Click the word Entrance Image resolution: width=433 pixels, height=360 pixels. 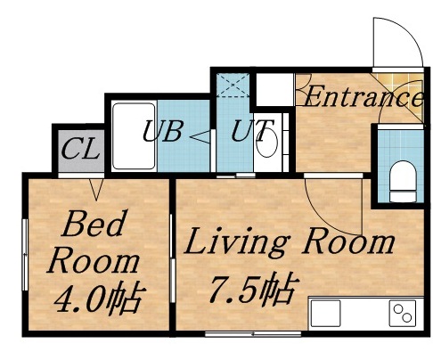point(360,96)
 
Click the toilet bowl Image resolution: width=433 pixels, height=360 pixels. point(402,178)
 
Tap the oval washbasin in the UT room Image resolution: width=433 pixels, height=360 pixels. point(268,143)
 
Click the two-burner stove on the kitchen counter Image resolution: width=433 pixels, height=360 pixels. point(402,314)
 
